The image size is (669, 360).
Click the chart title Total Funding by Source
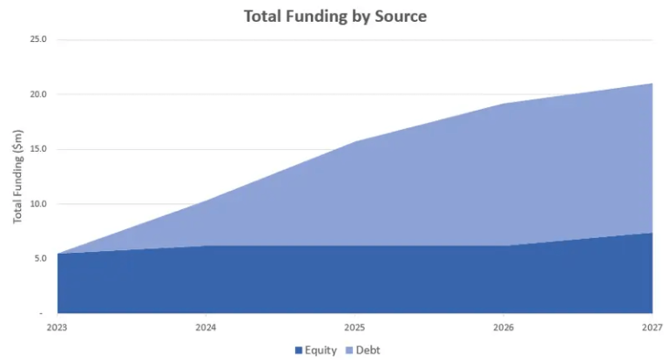(x=335, y=17)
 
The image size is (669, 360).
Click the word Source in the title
(x=401, y=17)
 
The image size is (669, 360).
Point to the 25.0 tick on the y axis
(x=38, y=39)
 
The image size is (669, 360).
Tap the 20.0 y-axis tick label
(x=38, y=94)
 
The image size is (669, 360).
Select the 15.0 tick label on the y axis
(x=38, y=149)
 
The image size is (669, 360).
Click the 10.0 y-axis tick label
(x=38, y=204)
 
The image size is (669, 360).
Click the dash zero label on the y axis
(x=41, y=314)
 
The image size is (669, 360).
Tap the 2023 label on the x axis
(x=57, y=328)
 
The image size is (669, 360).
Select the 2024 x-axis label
(x=206, y=328)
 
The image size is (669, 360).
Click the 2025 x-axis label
(x=355, y=328)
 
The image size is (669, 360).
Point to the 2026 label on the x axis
(x=503, y=328)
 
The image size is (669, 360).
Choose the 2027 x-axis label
(x=652, y=328)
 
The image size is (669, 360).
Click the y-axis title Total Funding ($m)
(x=18, y=176)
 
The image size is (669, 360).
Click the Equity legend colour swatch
(x=299, y=350)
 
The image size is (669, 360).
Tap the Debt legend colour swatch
(x=349, y=350)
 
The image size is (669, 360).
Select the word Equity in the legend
(x=321, y=350)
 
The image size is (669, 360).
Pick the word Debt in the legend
(x=368, y=350)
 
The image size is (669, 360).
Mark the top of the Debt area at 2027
(x=652, y=84)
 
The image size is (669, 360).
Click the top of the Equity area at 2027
(x=652, y=233)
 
